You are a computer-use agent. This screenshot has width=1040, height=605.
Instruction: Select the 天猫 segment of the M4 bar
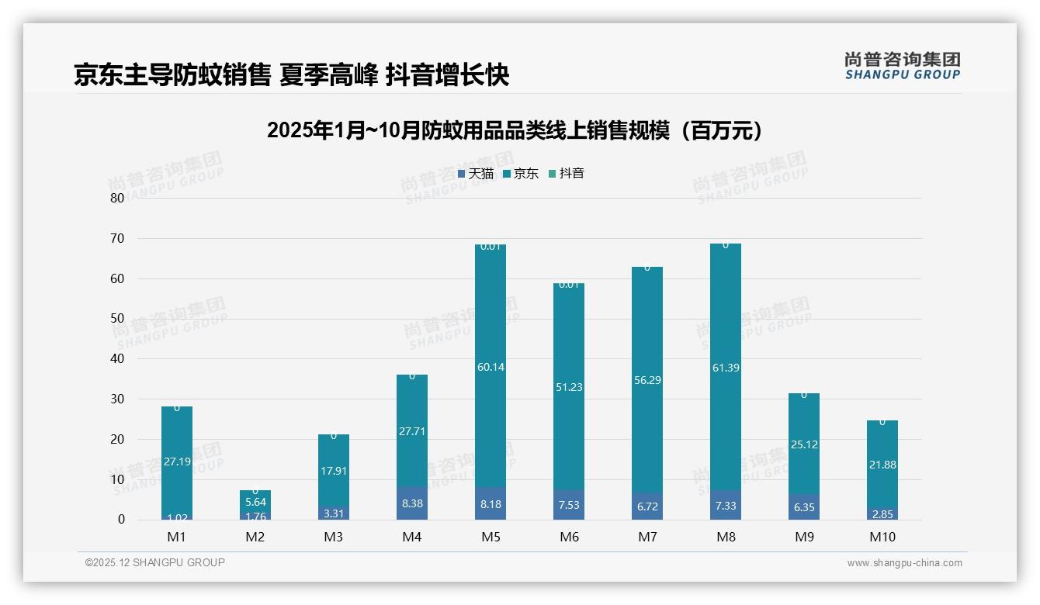pos(411,503)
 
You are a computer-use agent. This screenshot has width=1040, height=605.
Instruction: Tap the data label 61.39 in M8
pos(726,368)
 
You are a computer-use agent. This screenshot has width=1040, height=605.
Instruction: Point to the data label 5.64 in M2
pos(255,502)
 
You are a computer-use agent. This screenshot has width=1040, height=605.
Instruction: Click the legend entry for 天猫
pos(476,174)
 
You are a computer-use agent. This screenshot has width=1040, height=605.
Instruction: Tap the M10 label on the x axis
pos(882,537)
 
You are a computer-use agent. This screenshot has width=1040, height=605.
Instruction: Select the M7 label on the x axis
pos(647,537)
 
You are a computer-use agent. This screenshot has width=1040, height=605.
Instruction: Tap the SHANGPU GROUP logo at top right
pos(902,66)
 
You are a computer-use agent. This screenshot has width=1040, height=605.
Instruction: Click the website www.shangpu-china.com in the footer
pos(904,563)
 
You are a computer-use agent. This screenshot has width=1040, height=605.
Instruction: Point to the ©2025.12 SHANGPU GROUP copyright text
pos(155,563)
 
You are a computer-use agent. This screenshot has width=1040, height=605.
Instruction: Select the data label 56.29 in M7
pos(647,380)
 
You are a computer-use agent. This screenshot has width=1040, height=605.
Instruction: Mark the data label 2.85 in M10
pos(882,514)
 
